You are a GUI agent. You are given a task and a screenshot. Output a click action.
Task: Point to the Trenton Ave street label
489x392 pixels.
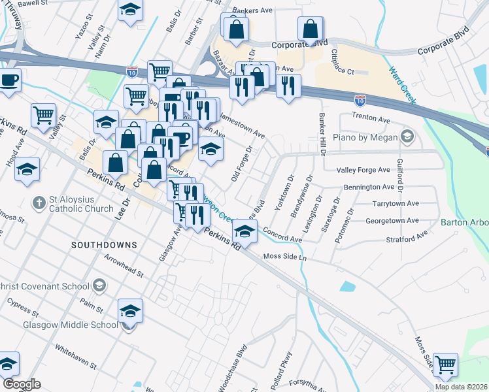(x=371, y=118)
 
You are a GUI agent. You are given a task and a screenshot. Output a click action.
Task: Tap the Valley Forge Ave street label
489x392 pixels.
(x=363, y=170)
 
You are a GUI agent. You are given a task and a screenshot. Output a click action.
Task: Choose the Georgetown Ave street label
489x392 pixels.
(x=392, y=221)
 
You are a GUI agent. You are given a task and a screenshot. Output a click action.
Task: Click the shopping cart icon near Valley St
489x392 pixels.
(x=43, y=115)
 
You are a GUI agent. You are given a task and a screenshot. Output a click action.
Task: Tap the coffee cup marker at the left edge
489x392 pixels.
(x=9, y=80)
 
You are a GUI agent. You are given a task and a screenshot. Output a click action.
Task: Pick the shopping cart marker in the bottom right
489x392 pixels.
(x=445, y=365)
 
